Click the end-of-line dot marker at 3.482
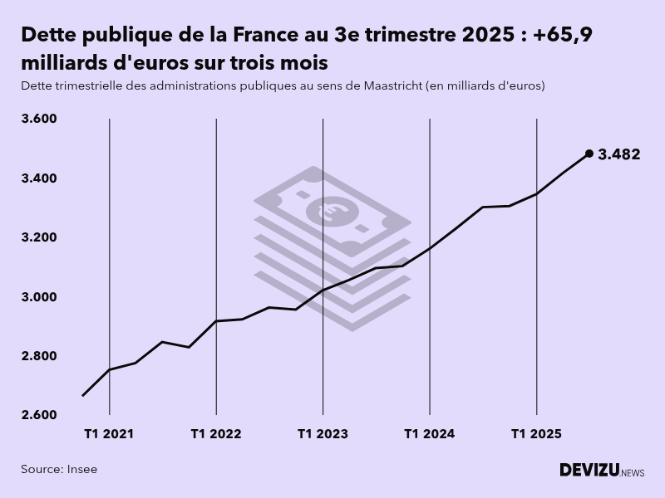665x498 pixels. [x=589, y=154]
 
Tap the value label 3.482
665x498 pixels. [x=619, y=154]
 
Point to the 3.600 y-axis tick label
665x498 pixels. [x=39, y=119]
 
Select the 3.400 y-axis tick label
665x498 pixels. [x=39, y=178]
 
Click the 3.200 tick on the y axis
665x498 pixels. [x=39, y=237]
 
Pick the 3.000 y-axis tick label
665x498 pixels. [x=39, y=297]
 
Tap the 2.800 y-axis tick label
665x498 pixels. [x=39, y=356]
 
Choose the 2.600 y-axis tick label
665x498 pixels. [x=39, y=415]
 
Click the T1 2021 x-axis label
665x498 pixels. [x=109, y=434]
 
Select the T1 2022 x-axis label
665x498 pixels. [x=216, y=434]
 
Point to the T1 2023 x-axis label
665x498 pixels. [x=323, y=434]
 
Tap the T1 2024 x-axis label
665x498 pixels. [x=430, y=434]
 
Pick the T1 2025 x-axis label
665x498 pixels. [x=536, y=434]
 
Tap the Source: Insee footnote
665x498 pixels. [x=59, y=470]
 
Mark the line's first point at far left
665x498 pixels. [x=83, y=395]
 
